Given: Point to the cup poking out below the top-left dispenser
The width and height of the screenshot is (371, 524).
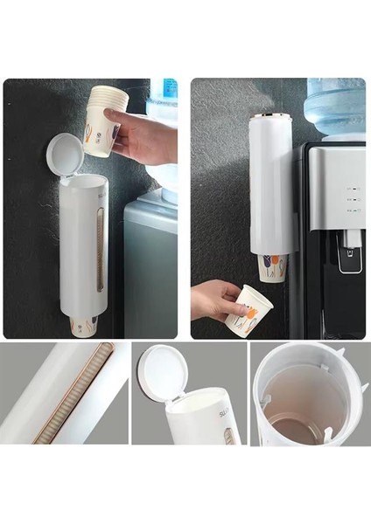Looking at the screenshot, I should coord(83,326).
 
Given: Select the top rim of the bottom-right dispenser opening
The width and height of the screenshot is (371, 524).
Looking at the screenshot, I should coord(306,350).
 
